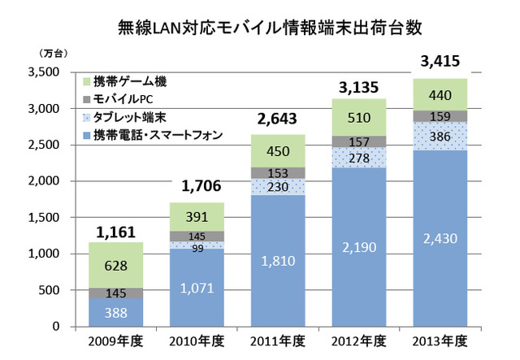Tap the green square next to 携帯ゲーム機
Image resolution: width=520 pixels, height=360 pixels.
click(x=86, y=82)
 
